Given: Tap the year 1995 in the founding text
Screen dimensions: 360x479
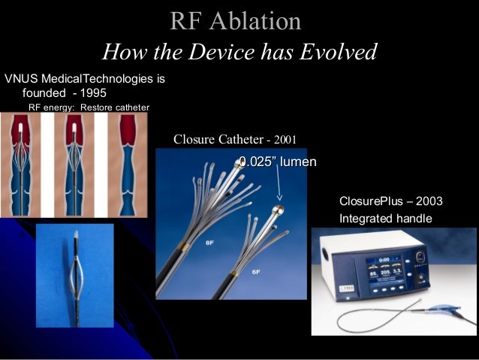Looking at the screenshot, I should coord(94,92).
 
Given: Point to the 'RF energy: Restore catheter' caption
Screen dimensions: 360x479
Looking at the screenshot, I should coord(89,107).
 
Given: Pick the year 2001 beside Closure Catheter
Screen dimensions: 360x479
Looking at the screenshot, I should coord(285,140).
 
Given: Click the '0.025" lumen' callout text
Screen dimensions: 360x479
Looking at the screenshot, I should coord(277,162).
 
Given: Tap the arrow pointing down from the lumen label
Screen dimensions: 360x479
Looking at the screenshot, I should coord(279,188).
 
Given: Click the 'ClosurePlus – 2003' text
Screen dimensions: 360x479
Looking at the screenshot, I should coord(390,201).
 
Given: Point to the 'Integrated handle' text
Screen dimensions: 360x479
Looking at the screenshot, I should coord(386,219).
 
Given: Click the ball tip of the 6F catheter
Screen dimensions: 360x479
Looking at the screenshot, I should coord(277,210).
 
